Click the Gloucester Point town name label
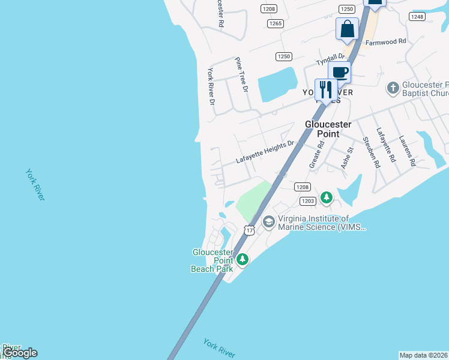pos(328,128)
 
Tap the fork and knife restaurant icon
pos(326,90)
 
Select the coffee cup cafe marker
pos(339,72)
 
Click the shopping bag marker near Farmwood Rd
pos(348,29)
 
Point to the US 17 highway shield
pos(250,230)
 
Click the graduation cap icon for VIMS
pos(268,222)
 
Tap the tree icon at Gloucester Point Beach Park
pos(242,259)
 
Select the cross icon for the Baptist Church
pos(393,89)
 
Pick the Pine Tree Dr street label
pos(241,75)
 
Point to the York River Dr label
pos(211,86)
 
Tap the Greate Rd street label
pos(316,154)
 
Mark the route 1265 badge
pos(276,23)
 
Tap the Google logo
pos(19,353)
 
